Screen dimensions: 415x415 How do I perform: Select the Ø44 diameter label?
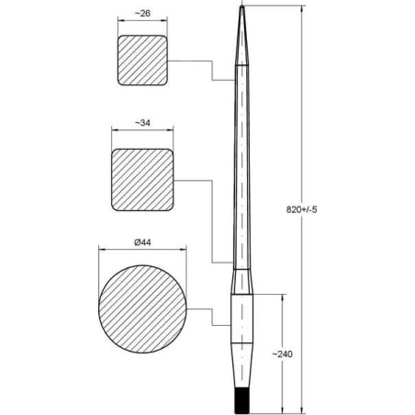coord(142,241)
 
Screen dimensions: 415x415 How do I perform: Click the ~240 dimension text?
coord(293,353)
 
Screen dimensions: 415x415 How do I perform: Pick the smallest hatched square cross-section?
coord(143,62)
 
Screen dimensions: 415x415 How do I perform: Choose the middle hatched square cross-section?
coord(142,178)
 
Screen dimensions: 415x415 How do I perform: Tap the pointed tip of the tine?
coord(241,8)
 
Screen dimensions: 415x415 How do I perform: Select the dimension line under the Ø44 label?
coord(142,251)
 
